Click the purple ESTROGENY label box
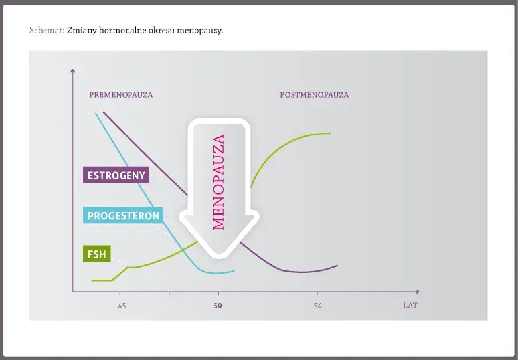tap(116, 175)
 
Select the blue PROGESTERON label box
tap(123, 215)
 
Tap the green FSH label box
tap(97, 254)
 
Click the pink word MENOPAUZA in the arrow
tap(218, 182)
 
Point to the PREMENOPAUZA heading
tap(121, 95)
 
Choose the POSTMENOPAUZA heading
tap(314, 95)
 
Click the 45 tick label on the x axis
tap(122, 306)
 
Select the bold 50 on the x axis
tap(218, 306)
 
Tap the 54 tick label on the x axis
tap(318, 306)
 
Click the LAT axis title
tap(410, 305)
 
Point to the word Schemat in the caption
tap(46, 31)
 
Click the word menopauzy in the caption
tap(200, 31)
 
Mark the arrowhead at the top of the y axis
tap(73, 70)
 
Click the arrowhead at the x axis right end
tap(418, 292)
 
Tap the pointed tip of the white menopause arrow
tap(219, 257)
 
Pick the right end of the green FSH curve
tap(331, 134)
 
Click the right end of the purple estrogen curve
tap(337, 265)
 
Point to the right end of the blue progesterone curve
tap(234, 271)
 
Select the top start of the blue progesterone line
tap(96, 114)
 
